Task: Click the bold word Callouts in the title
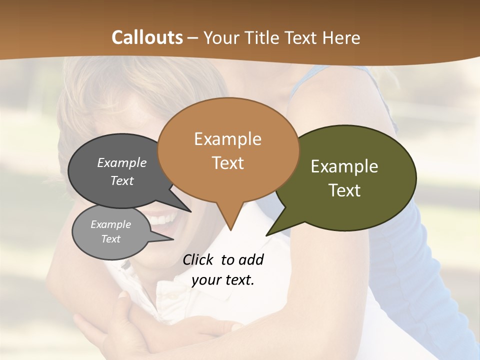click(x=147, y=37)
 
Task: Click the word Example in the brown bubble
click(x=227, y=139)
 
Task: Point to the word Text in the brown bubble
click(x=227, y=163)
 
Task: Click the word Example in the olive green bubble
click(x=344, y=166)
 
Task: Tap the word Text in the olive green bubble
click(x=344, y=190)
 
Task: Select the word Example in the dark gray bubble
click(x=121, y=163)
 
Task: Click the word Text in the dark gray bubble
click(x=121, y=180)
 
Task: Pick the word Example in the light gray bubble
click(x=110, y=224)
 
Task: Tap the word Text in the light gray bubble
click(x=110, y=239)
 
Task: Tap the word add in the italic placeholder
click(x=250, y=259)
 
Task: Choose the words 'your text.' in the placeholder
click(x=222, y=280)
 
